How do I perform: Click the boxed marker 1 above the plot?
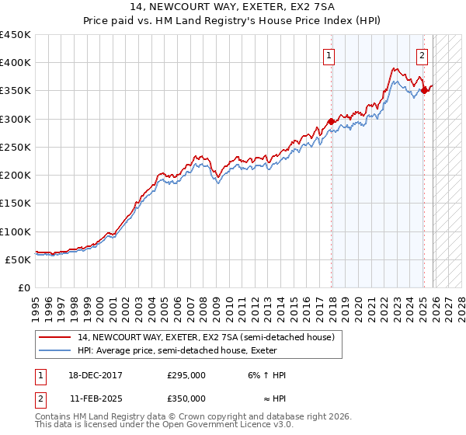[330, 55]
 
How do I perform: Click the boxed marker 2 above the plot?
[422, 55]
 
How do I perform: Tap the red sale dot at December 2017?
[332, 121]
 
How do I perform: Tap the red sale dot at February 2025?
[424, 90]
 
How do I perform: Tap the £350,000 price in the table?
[186, 398]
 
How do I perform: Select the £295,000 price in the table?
[186, 375]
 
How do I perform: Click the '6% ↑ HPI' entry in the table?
[263, 375]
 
